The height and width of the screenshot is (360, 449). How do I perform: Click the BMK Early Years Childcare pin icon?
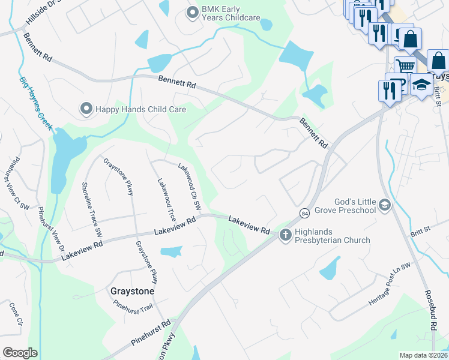click(x=193, y=12)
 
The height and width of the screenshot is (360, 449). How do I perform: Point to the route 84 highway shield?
click(x=305, y=214)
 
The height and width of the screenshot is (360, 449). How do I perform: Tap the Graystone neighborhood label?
click(x=133, y=291)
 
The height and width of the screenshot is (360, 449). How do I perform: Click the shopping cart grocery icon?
click(x=406, y=65)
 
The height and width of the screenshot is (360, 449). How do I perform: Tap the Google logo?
click(x=20, y=353)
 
